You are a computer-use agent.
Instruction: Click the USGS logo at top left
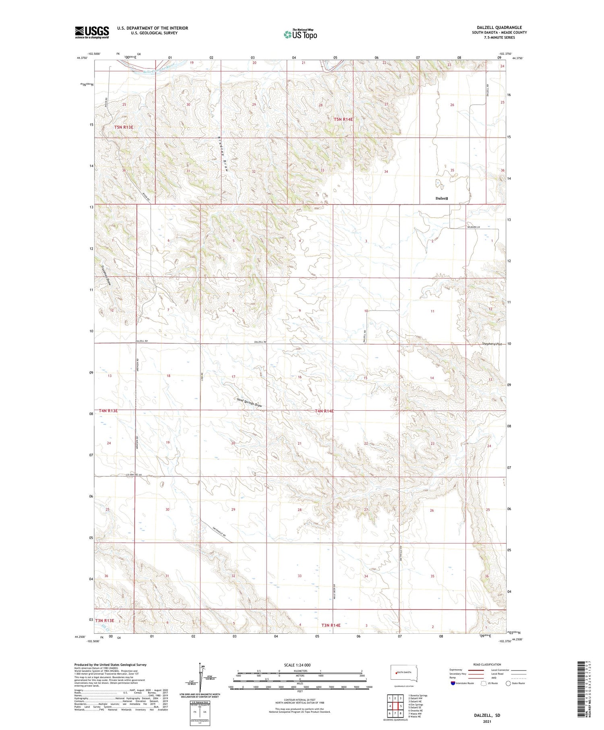(92, 32)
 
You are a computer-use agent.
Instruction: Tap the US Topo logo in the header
(300, 35)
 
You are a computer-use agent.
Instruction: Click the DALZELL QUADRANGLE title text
(499, 27)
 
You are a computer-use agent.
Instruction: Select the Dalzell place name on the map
(442, 199)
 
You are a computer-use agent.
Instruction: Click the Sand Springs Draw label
(250, 402)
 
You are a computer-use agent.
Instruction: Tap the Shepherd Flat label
(493, 344)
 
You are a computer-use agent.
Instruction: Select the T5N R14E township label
(343, 119)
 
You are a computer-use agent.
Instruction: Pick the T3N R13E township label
(105, 620)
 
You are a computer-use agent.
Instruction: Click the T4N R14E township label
(325, 411)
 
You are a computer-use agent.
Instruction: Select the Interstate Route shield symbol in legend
(454, 683)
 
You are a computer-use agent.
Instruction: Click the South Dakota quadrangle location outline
(404, 673)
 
